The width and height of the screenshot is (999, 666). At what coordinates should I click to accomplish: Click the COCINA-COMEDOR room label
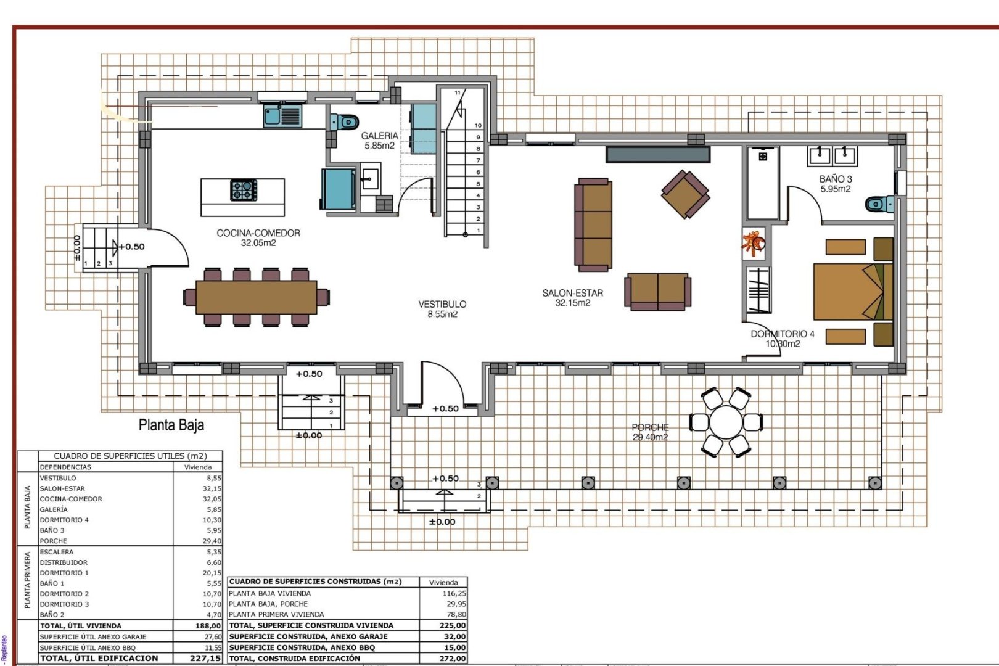[258, 237]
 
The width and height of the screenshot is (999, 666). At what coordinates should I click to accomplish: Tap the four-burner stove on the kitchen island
[244, 190]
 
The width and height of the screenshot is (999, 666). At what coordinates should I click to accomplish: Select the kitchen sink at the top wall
[282, 115]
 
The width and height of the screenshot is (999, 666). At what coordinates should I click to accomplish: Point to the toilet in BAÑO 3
[879, 203]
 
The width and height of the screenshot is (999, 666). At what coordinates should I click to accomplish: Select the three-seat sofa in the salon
[594, 225]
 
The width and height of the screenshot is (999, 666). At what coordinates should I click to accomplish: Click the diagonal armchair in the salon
[685, 194]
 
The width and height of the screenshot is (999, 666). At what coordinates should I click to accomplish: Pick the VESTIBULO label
[442, 308]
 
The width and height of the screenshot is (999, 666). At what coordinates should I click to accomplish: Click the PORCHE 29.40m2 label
[650, 432]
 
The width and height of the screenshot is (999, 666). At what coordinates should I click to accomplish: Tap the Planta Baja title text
[171, 425]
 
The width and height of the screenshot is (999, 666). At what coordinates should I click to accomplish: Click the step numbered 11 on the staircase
[458, 92]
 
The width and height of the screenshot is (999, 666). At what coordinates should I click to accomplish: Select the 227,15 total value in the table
[206, 658]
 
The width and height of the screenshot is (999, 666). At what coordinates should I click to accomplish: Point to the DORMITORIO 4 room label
[782, 338]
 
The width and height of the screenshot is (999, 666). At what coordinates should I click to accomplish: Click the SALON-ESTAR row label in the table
[62, 488]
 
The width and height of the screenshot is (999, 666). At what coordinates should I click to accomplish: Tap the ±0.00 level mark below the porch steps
[442, 522]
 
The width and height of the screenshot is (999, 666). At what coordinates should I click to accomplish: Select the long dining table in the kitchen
[257, 297]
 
